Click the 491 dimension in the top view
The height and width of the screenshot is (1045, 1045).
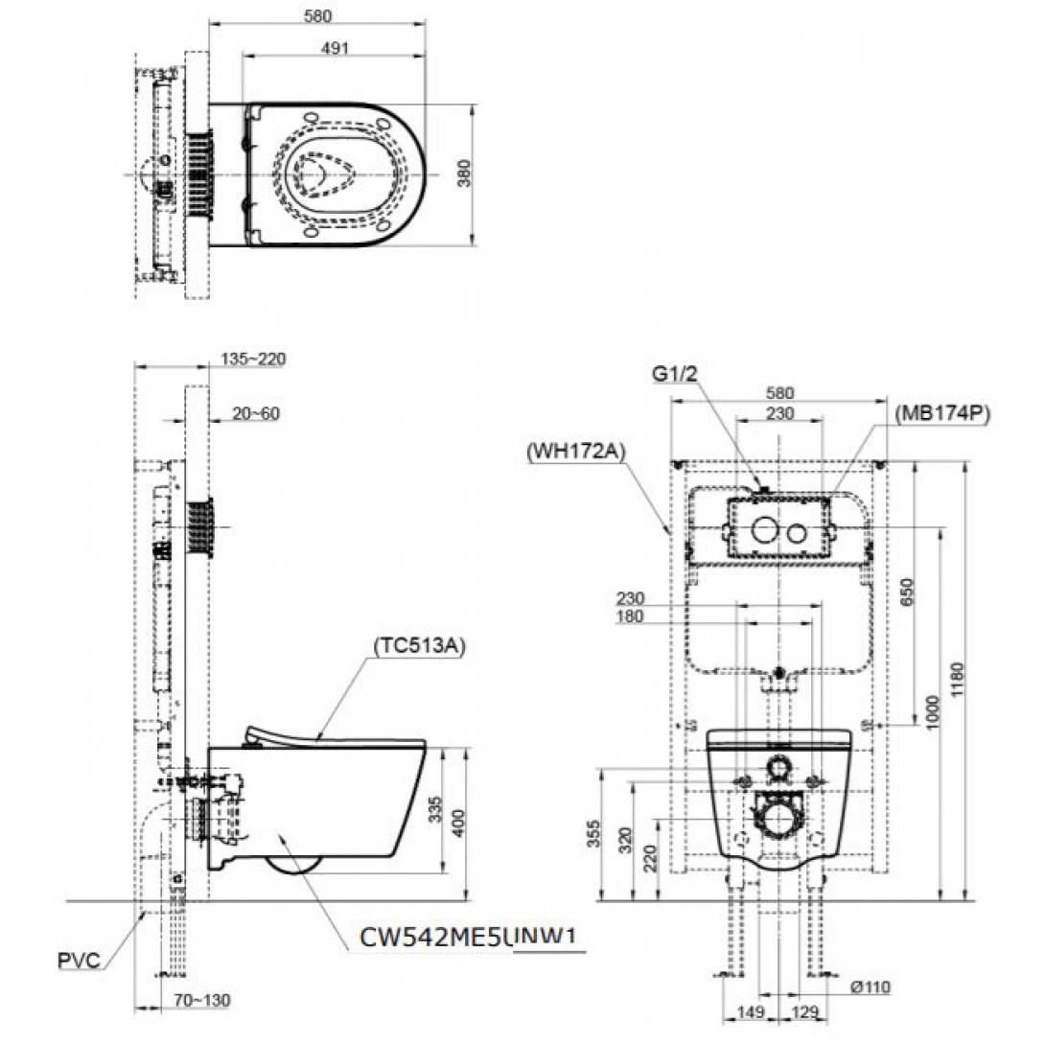(x=335, y=48)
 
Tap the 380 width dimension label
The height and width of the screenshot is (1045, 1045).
(x=465, y=174)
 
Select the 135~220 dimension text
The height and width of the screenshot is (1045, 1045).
(x=253, y=360)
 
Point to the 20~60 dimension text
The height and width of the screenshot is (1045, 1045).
(x=256, y=414)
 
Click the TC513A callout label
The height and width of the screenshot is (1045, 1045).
(x=419, y=646)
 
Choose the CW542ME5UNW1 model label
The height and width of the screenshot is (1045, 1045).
(x=467, y=937)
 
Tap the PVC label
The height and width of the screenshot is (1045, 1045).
(x=79, y=961)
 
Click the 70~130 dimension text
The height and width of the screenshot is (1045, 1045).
(x=202, y=1000)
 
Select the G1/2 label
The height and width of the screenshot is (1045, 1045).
(x=674, y=374)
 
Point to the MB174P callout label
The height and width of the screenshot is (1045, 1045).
(x=943, y=414)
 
